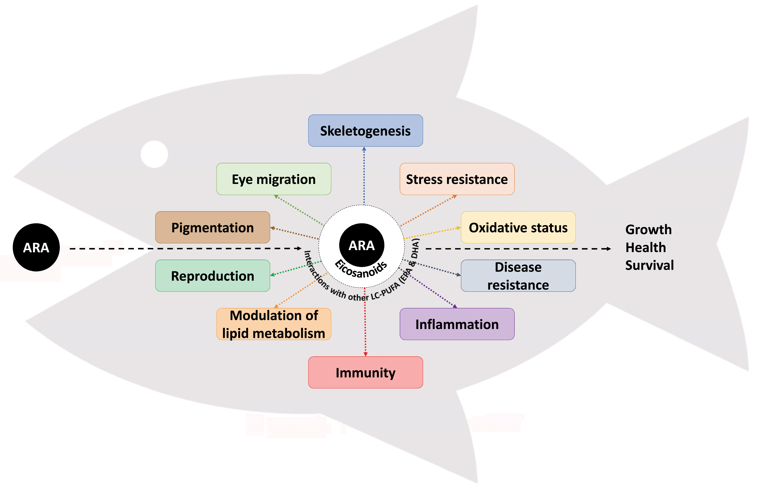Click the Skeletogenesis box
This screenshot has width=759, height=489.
click(365, 131)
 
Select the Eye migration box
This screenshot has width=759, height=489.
click(274, 179)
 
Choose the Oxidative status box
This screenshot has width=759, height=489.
click(518, 227)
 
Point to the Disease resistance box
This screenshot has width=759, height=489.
click(518, 276)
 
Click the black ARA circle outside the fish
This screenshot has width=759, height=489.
click(36, 247)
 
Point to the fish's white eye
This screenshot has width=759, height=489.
click(154, 154)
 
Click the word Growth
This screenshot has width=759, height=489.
click(648, 229)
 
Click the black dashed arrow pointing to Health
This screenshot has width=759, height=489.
click(517, 249)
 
